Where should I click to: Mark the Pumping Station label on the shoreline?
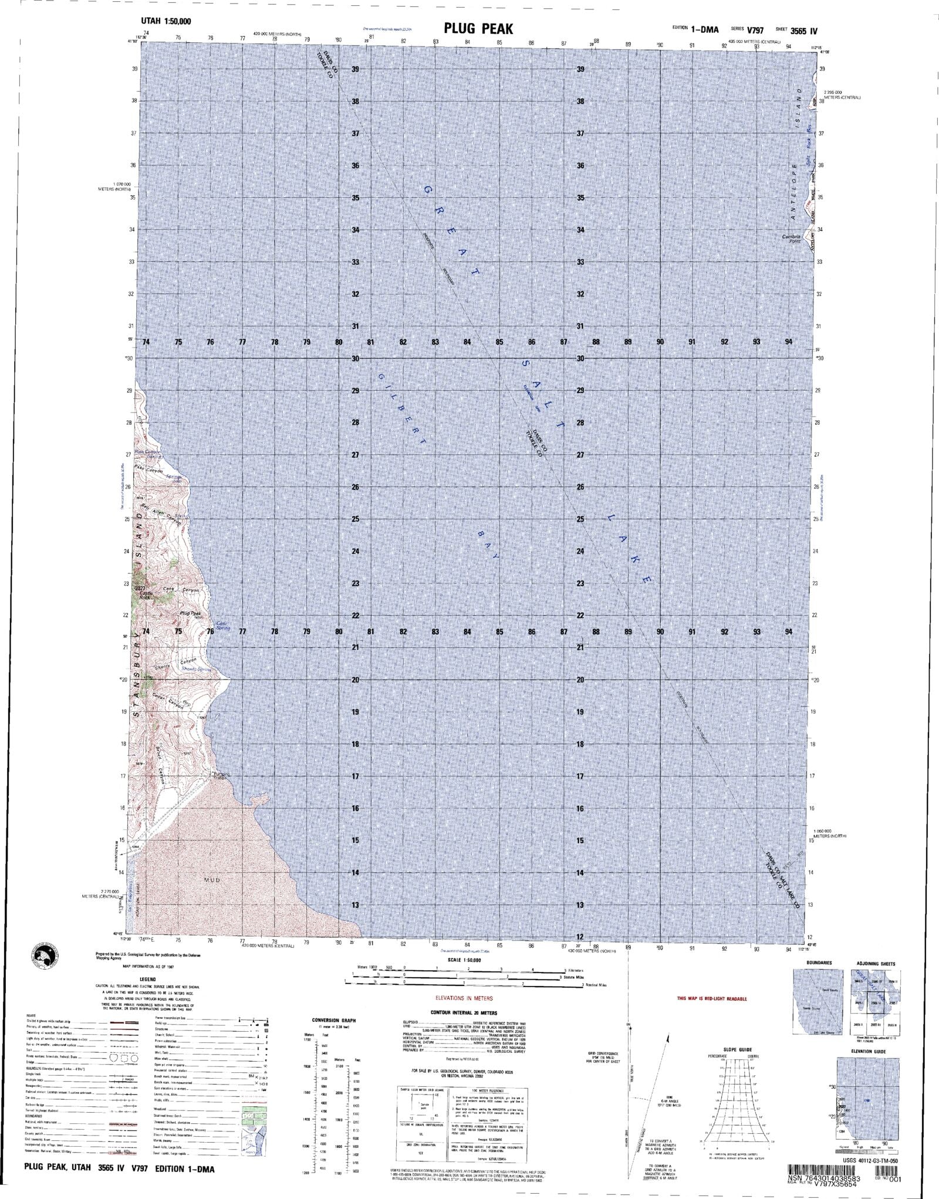coord(221,776)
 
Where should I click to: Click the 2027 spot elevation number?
coord(140,588)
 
